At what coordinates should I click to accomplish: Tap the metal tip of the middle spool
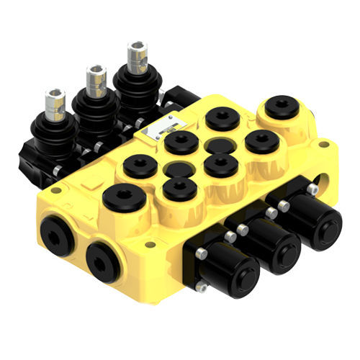point(96,79)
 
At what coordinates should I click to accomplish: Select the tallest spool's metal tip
point(137,56)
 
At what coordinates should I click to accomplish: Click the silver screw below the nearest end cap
point(202,287)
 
